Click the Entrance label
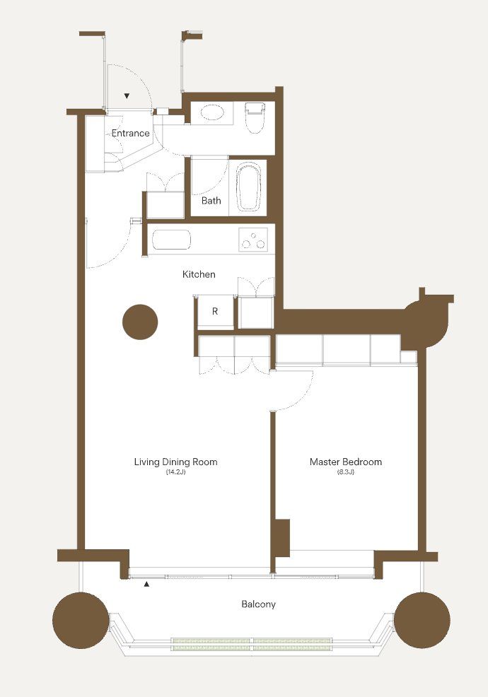coord(130,133)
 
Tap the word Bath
coord(211,201)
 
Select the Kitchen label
coord(199,274)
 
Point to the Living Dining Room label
coord(175,462)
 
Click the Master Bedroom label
coord(346,462)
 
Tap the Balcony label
coord(258,604)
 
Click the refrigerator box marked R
coord(215,312)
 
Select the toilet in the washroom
coord(255,117)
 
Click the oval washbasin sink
coord(213,112)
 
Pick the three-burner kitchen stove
coord(253,240)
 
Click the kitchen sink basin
coord(171,240)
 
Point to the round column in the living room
coord(140,322)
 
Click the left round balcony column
coord(81,620)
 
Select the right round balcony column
coord(422,620)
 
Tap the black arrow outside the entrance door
coord(127,95)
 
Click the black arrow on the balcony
coord(146,584)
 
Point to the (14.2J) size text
coord(175,472)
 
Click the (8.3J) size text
coord(346,472)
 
